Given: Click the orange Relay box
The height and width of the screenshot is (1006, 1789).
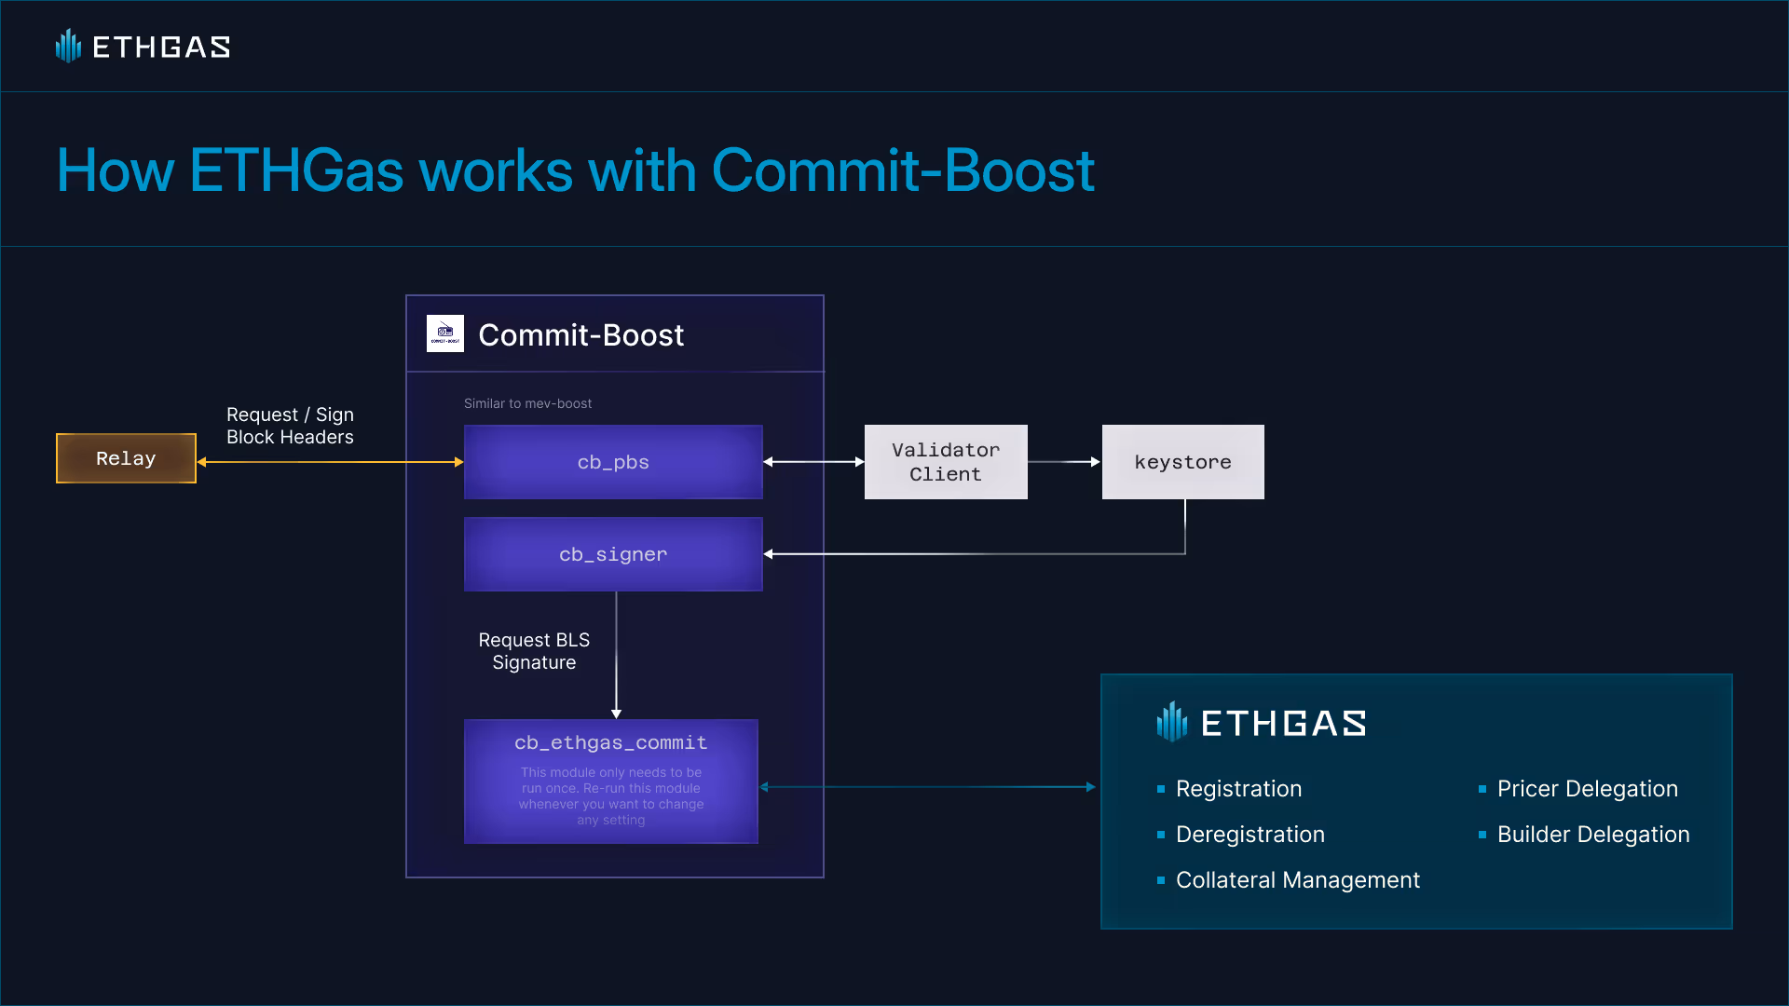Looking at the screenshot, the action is [126, 458].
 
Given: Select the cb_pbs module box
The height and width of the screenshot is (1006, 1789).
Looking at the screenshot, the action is [613, 462].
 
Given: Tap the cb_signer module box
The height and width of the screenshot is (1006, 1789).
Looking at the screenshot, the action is [613, 554].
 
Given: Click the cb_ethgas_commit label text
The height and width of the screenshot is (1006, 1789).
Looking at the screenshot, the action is [611, 742].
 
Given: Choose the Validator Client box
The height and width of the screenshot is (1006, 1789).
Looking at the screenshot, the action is [946, 462].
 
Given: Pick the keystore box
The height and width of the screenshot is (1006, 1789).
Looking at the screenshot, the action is [1183, 462].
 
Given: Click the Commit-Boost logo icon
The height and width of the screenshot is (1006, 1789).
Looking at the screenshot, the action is [445, 333].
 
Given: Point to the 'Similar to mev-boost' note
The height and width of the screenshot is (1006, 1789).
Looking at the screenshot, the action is [527, 403].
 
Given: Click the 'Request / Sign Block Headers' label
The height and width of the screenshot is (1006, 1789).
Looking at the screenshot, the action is [290, 426].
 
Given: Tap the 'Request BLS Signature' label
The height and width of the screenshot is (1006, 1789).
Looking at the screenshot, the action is [534, 651].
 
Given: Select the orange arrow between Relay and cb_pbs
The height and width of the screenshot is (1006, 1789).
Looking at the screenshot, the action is [331, 462].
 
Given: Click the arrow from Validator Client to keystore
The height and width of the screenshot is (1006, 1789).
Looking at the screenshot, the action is [1064, 462].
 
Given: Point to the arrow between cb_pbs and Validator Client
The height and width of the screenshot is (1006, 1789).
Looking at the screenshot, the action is [814, 462].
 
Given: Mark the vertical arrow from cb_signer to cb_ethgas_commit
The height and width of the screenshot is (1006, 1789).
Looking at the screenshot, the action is [616, 655].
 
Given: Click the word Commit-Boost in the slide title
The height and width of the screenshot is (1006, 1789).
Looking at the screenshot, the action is [903, 170].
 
